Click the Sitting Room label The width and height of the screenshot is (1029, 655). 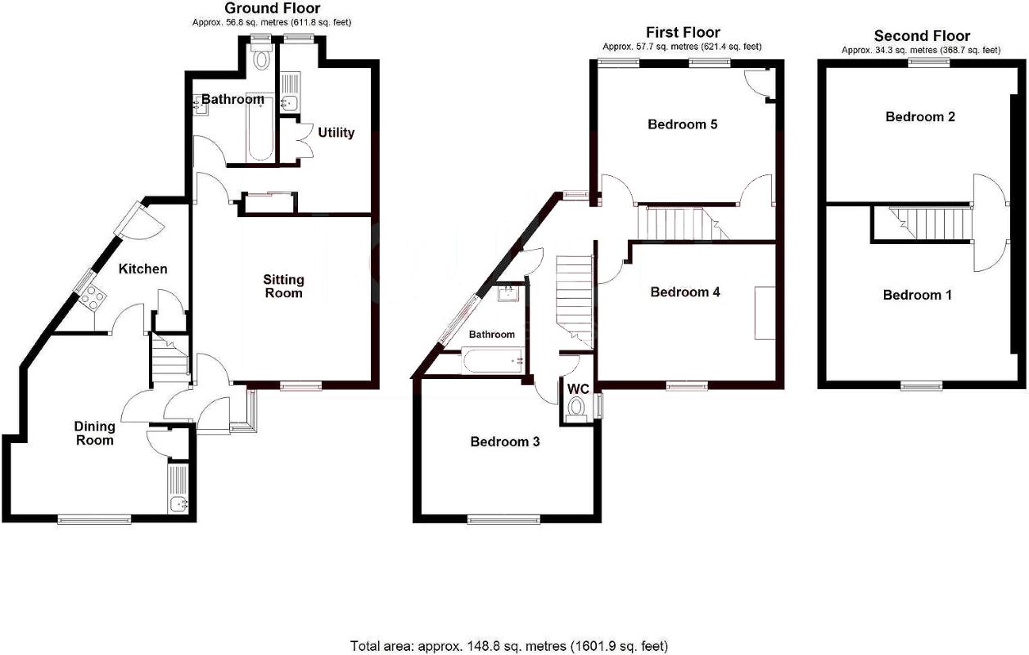(x=283, y=287)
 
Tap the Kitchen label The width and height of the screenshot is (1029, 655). (x=142, y=269)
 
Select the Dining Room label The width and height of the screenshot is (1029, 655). (x=94, y=433)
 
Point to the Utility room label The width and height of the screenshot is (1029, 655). (x=336, y=133)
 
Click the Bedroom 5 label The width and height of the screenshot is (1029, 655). (x=683, y=124)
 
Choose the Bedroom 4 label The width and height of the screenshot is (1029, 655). (x=684, y=291)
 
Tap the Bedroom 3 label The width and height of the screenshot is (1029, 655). (x=505, y=441)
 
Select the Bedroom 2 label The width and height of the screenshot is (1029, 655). (x=920, y=116)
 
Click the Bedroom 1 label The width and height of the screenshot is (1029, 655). (x=917, y=295)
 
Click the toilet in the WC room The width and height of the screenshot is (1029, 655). (x=577, y=408)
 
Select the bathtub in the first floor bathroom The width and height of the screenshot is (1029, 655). (x=492, y=359)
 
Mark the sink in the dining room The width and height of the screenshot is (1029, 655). (x=178, y=504)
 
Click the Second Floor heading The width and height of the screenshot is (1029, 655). (x=922, y=35)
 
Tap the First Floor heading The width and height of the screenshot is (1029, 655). (x=683, y=33)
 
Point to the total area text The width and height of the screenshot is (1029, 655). (x=509, y=645)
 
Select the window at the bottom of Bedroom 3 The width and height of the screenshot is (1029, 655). (x=503, y=518)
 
